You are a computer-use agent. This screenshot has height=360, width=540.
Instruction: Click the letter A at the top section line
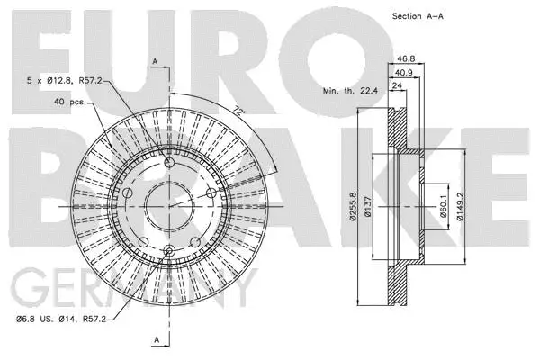[154, 60]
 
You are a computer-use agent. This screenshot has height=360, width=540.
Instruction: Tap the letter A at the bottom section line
[157, 339]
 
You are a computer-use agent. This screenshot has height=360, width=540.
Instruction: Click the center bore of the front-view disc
[167, 207]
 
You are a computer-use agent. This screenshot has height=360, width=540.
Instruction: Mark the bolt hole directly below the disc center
[167, 250]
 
